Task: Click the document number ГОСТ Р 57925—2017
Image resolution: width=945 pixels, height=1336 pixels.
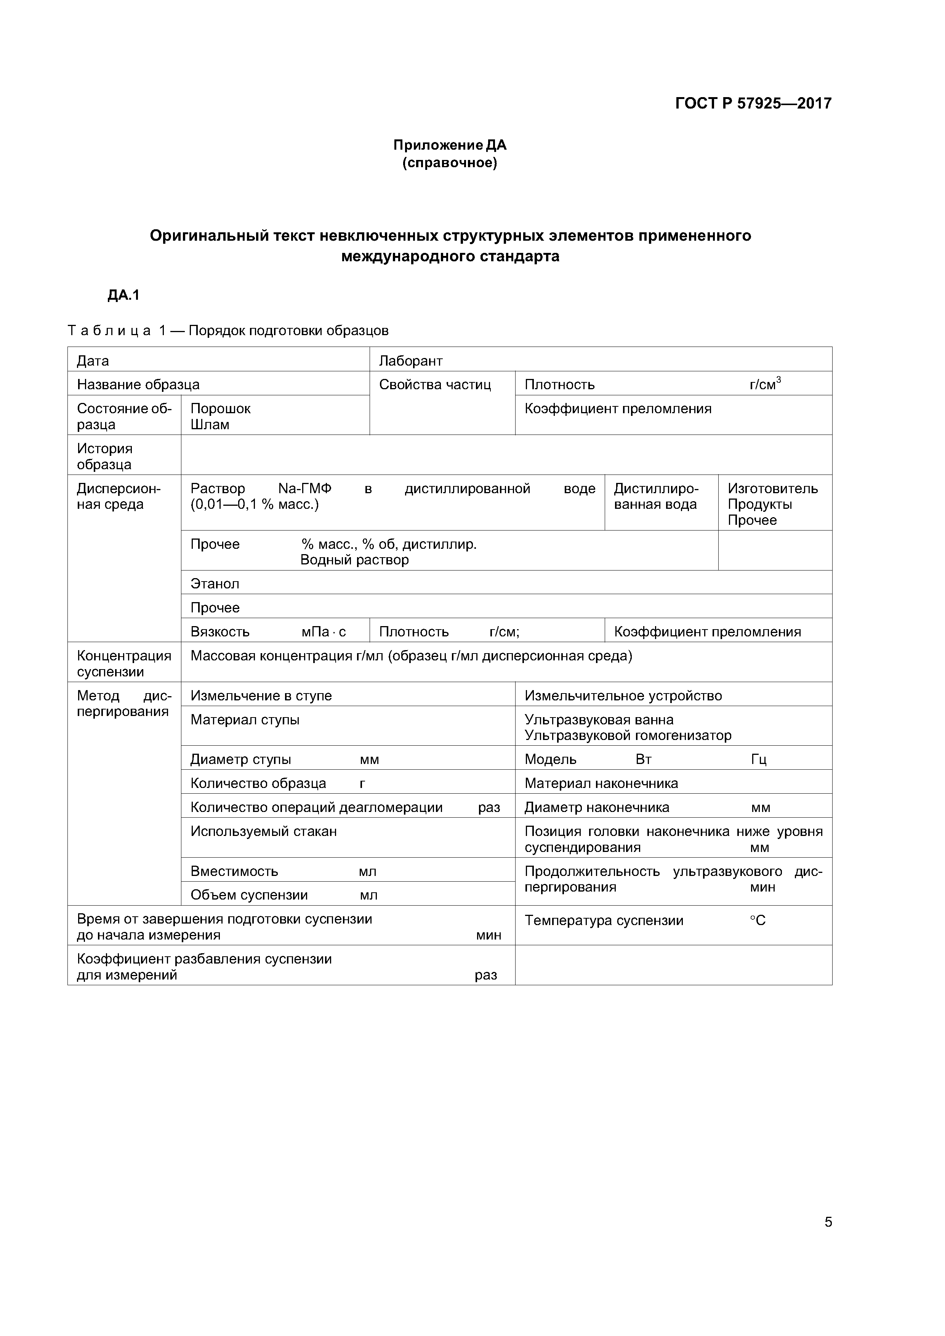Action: [753, 104]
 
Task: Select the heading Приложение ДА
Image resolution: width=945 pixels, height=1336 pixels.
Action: [450, 145]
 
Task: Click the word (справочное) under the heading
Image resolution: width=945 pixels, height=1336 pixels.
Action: [450, 163]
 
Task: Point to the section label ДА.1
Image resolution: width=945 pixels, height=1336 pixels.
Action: [123, 296]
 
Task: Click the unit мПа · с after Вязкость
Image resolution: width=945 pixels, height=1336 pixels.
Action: [324, 632]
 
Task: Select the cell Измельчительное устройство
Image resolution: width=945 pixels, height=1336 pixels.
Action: [623, 696]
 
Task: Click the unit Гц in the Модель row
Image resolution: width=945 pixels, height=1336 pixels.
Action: [758, 759]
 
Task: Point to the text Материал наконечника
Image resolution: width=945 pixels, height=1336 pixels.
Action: [601, 783]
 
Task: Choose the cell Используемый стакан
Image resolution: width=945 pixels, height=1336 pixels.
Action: [263, 831]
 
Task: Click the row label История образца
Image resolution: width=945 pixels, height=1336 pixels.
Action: [105, 456]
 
